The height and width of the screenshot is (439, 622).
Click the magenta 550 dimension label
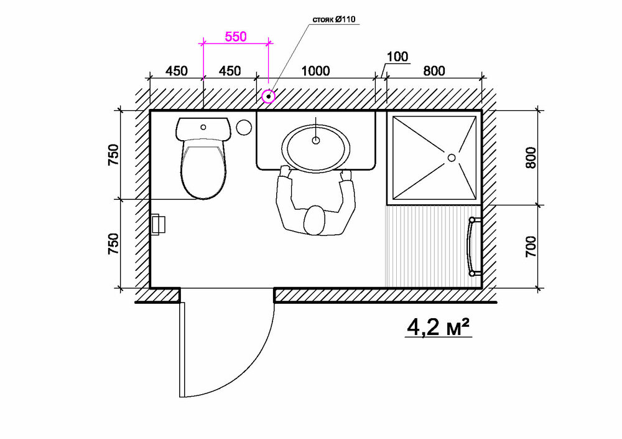236,37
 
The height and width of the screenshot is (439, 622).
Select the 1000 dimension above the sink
316,71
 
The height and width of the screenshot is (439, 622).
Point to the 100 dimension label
397,57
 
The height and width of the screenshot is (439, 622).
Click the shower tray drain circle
452,158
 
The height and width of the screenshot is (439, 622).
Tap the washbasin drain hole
316,140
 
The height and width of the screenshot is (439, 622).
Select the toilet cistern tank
203,128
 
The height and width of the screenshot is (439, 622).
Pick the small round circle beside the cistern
244,127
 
